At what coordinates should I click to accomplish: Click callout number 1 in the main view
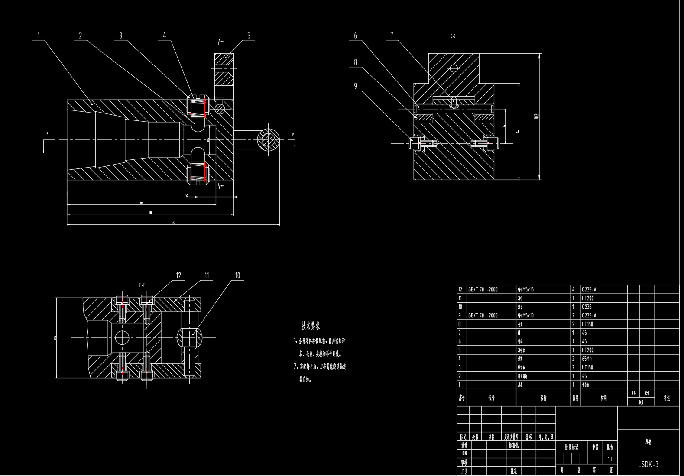pos(39,36)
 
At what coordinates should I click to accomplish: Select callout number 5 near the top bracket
pos(249,36)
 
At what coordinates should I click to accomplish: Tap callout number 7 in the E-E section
pos(392,36)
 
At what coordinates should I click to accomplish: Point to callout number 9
pos(356,86)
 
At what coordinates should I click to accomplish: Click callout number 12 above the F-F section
pos(178,275)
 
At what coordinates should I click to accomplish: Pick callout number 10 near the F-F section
pos(237,275)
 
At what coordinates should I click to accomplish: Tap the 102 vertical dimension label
pos(537,116)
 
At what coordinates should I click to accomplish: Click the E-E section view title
pos(453,36)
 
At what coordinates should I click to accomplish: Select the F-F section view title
pos(142,285)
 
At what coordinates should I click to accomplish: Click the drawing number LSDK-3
pos(648,465)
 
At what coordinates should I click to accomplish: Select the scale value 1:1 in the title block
pos(610,459)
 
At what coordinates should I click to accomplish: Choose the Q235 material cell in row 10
pos(587,307)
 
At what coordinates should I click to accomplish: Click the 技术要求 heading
pos(311,326)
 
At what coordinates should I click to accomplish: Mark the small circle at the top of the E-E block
pos(454,68)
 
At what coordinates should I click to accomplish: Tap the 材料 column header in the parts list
pos(604,398)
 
